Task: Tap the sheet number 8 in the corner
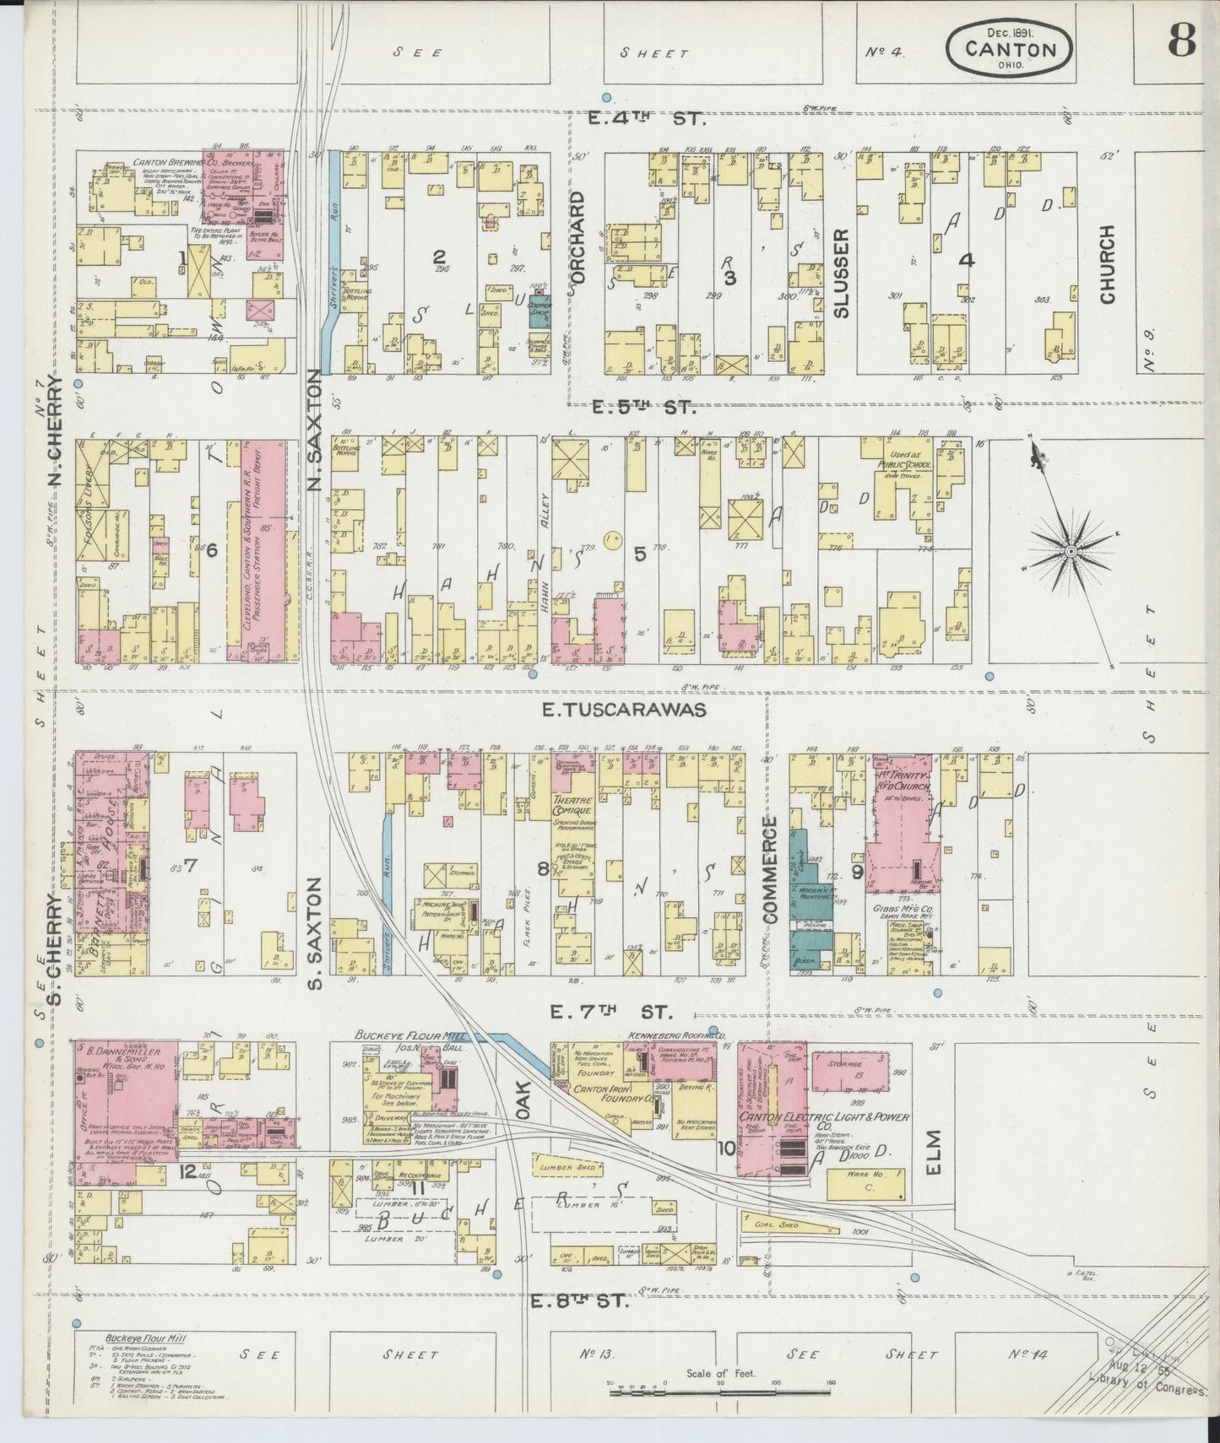tap(1180, 42)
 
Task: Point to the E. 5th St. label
tap(643, 408)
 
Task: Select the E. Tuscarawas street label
tap(623, 711)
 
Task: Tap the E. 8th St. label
tap(580, 1325)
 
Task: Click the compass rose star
tap(1070, 551)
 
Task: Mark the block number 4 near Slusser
tap(966, 261)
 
